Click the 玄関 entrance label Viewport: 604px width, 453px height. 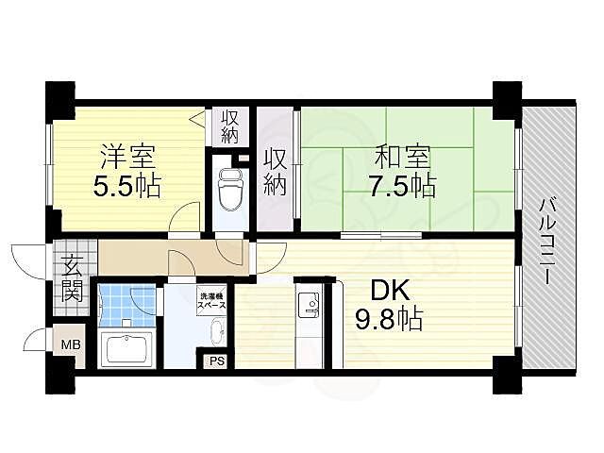[72, 277]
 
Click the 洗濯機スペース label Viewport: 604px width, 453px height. [211, 304]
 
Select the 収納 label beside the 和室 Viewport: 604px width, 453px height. [275, 172]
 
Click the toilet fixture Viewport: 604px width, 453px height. [230, 191]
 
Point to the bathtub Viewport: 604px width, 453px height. [127, 349]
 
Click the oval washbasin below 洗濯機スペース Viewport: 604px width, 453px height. [216, 331]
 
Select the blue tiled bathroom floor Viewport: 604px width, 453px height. [126, 304]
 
